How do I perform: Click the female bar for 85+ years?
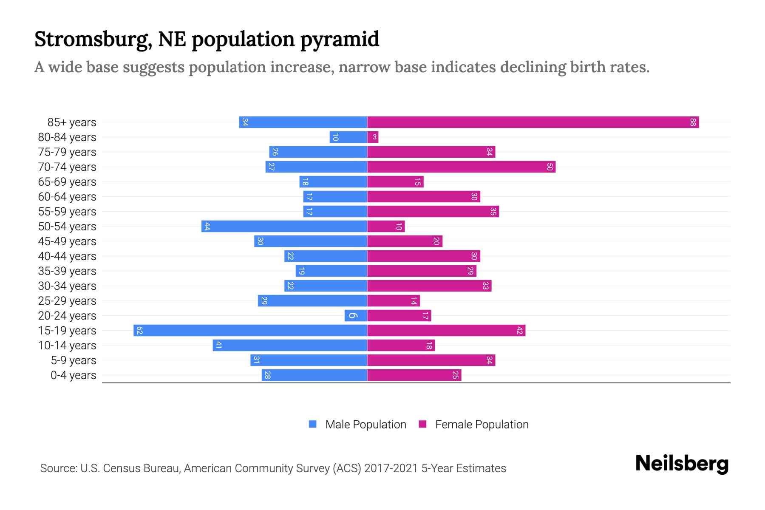pos(533,122)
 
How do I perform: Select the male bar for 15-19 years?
pos(250,331)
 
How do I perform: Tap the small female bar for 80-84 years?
pos(373,137)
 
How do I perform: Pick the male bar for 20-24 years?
pos(356,316)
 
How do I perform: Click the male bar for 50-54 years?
pos(284,227)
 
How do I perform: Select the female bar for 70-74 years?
pos(461,167)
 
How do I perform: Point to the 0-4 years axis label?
pos(73,375)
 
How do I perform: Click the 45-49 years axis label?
pos(67,241)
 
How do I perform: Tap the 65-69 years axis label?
pos(67,182)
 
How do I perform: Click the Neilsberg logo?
pos(682,464)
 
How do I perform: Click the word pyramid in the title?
pos(340,40)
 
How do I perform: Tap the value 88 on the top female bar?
pos(693,122)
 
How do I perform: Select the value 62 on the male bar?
pos(139,331)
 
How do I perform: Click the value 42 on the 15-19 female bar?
pos(519,331)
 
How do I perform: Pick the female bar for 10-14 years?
pos(401,346)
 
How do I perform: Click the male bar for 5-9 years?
pos(309,360)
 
